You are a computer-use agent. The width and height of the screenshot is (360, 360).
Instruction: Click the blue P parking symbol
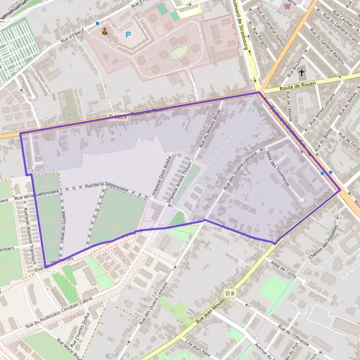click(128, 35)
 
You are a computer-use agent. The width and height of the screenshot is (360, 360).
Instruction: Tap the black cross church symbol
click(302, 74)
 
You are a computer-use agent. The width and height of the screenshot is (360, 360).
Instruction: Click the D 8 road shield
click(230, 292)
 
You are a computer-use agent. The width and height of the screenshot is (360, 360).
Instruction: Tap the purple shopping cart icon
click(287, 5)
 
